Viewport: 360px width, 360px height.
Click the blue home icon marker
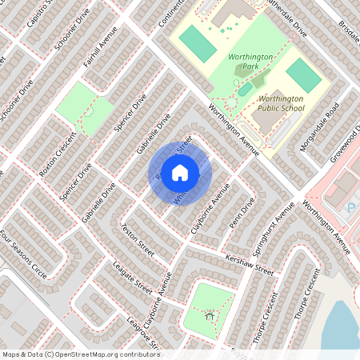pyautogui.click(x=180, y=172)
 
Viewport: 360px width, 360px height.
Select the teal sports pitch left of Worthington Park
pyautogui.click(x=198, y=43)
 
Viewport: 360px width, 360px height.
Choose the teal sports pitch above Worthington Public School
pyautogui.click(x=303, y=75)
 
